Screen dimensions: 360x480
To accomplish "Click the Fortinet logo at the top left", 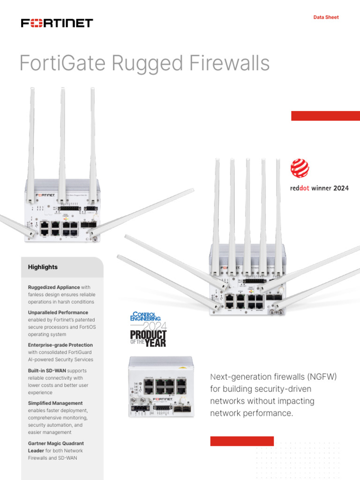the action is [x=57, y=23].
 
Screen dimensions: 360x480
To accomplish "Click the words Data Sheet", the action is [x=326, y=17].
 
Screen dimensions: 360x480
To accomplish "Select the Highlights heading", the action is [x=43, y=267].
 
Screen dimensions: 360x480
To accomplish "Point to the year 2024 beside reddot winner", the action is [x=341, y=188].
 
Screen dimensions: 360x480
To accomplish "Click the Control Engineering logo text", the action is [x=146, y=317].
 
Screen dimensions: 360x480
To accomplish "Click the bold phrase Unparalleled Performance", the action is [x=58, y=312].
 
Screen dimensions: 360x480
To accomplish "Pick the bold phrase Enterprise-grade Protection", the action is [x=60, y=345].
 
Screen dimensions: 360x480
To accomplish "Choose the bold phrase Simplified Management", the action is [x=55, y=403].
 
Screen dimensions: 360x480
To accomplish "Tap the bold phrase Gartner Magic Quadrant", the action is [x=56, y=443].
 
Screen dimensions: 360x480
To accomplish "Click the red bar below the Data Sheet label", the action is [x=325, y=116].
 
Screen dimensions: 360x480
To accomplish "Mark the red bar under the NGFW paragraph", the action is [x=242, y=441].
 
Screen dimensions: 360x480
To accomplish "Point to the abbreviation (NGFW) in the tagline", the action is [x=320, y=377].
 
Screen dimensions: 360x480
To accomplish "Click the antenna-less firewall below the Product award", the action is [x=160, y=386].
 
